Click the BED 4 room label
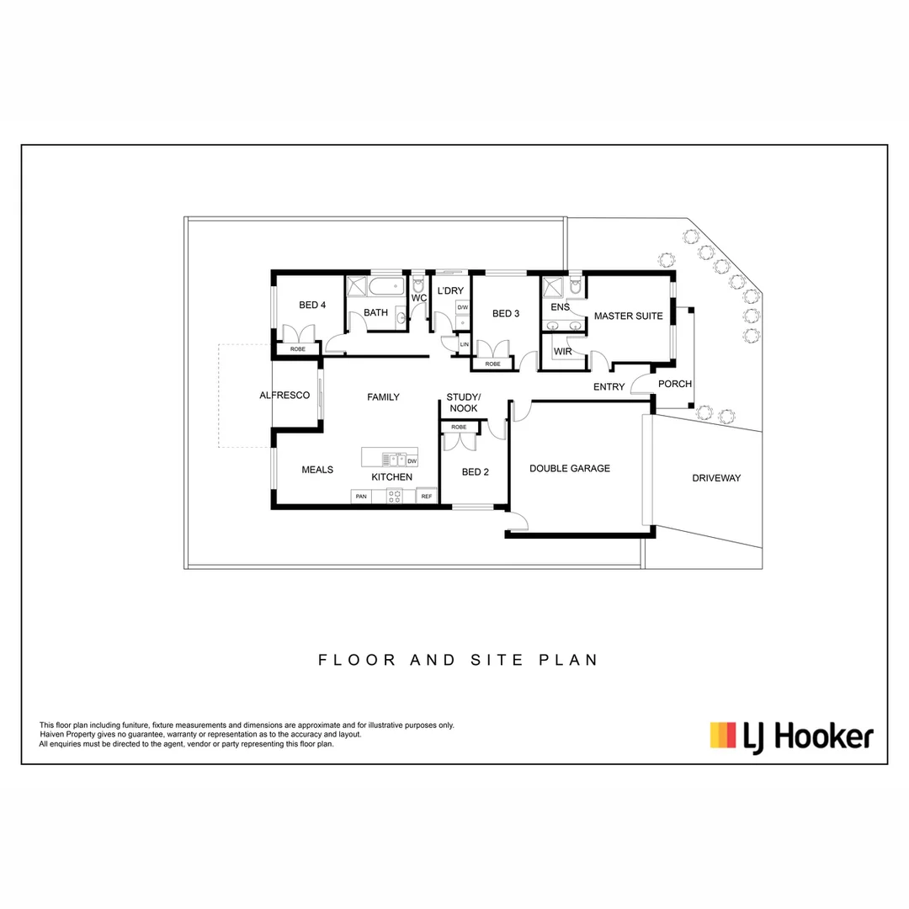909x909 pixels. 311,305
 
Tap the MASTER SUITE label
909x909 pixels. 628,316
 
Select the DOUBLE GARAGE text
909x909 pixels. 569,468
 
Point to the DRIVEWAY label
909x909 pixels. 716,478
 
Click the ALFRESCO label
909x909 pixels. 284,395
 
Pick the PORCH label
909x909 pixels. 674,384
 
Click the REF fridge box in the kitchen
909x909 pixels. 427,497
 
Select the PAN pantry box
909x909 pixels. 361,497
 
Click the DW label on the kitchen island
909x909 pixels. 412,461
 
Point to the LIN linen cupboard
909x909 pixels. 464,344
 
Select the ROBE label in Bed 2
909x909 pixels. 459,427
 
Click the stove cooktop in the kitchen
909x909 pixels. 394,497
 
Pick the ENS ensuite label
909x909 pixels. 559,308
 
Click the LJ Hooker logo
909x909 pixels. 791,736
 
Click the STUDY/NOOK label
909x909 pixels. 462,402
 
